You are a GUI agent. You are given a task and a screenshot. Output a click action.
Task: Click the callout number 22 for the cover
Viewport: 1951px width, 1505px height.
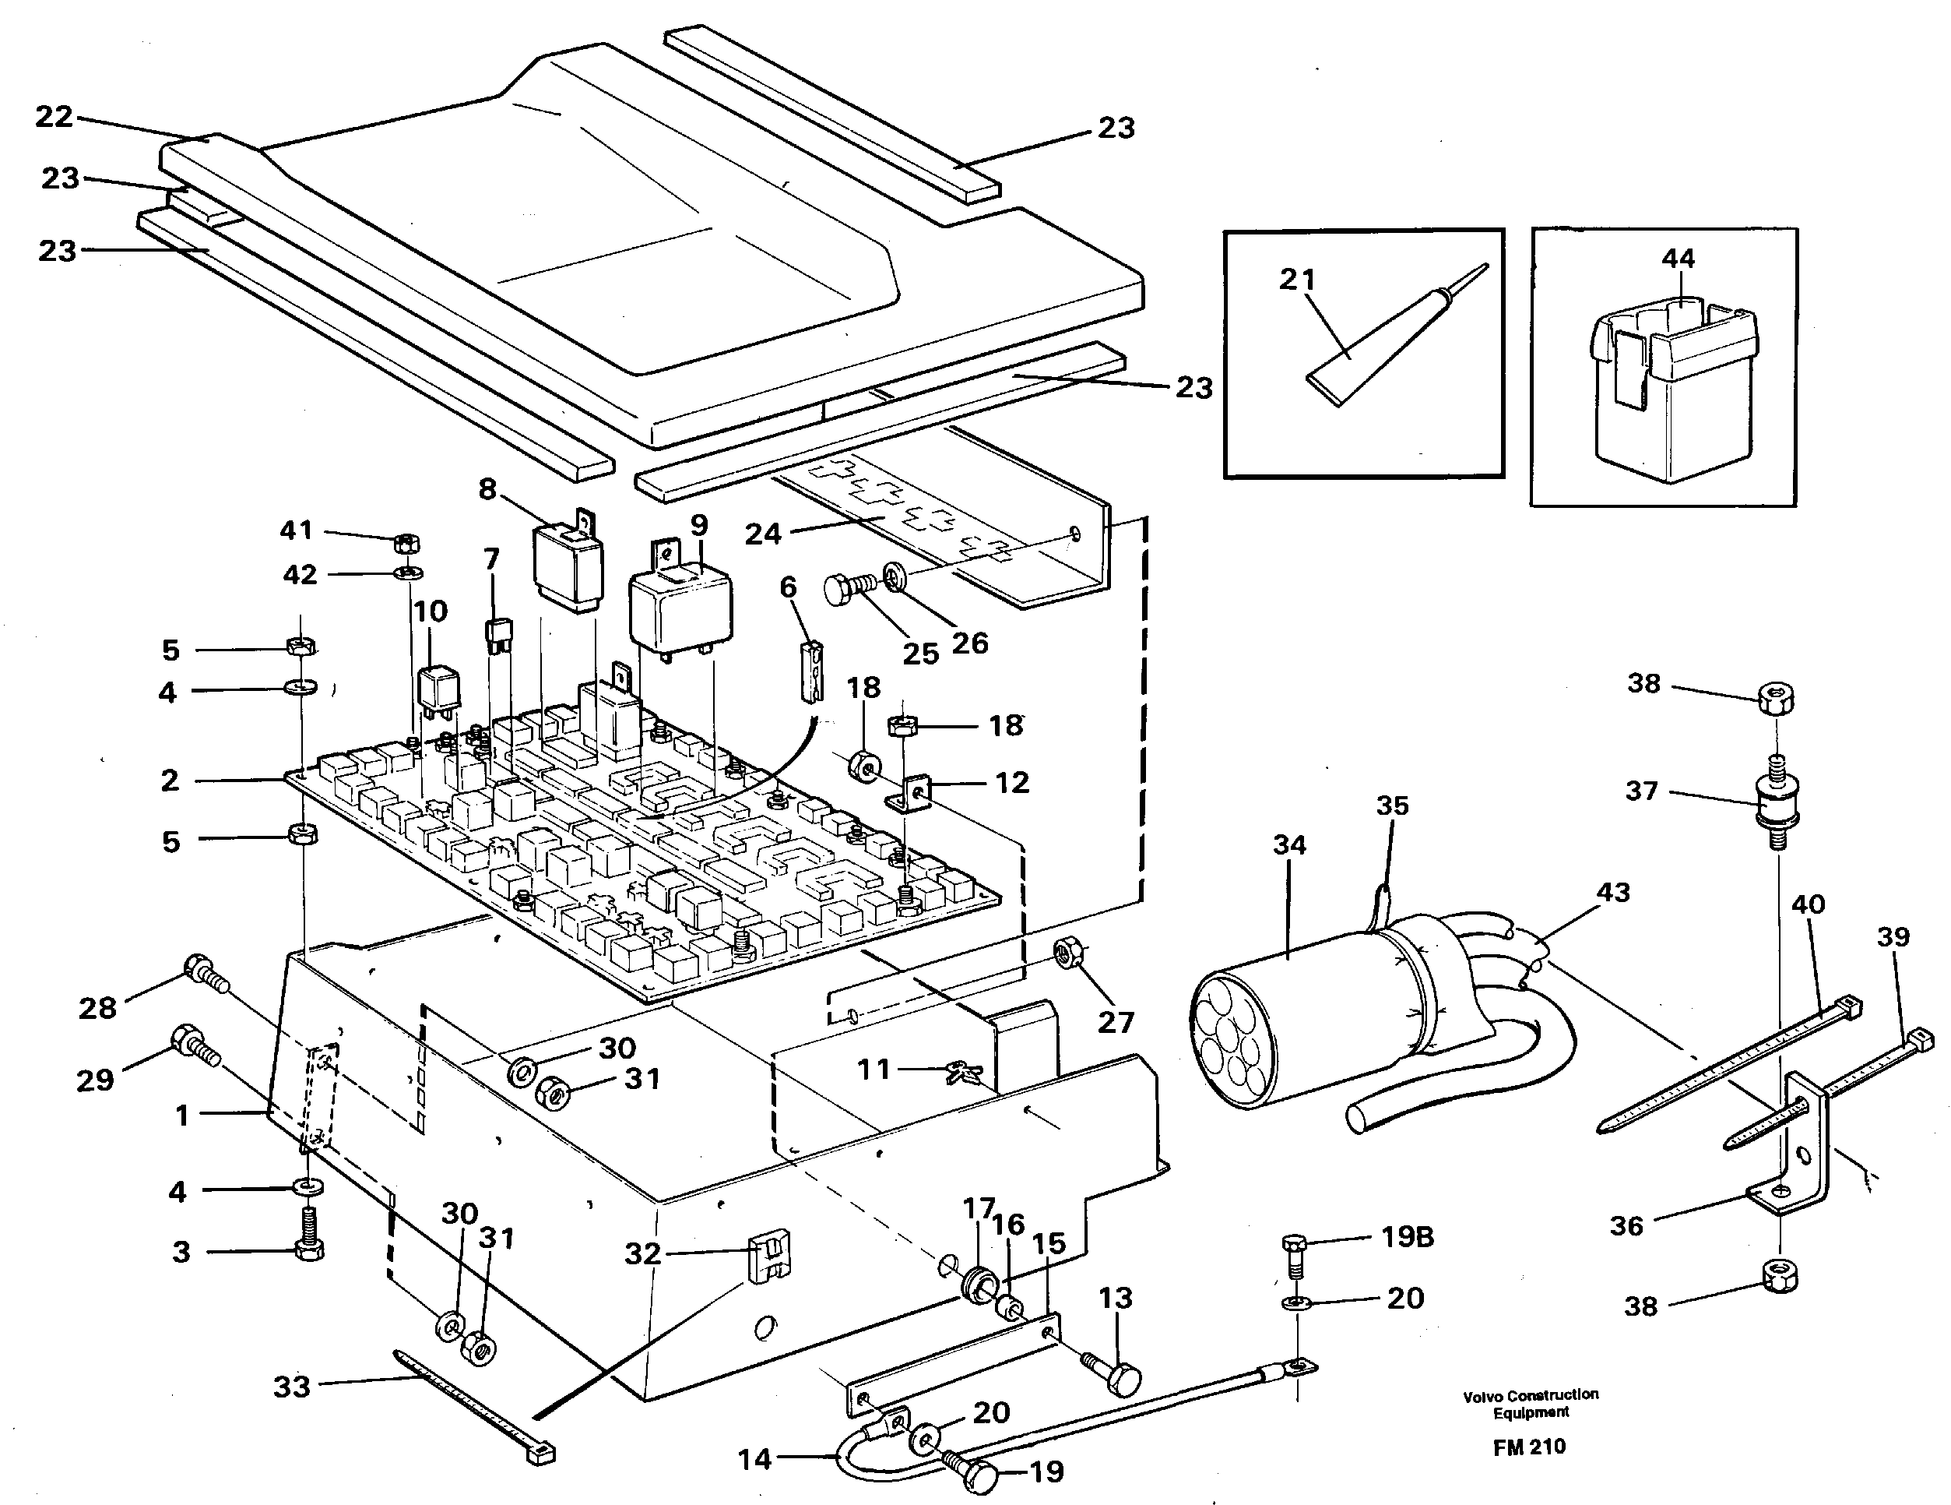(x=54, y=116)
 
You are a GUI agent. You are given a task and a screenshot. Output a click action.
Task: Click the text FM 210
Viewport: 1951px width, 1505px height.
(x=1528, y=1447)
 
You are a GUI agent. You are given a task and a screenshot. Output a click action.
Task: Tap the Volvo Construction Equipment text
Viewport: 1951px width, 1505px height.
(x=1531, y=1403)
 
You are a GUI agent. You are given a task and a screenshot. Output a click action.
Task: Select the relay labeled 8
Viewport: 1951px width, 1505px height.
(x=568, y=563)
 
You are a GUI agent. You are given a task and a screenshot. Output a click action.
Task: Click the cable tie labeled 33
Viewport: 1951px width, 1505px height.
(x=473, y=1412)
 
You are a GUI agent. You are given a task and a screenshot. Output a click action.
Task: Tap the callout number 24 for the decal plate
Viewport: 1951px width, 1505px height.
(x=763, y=534)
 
